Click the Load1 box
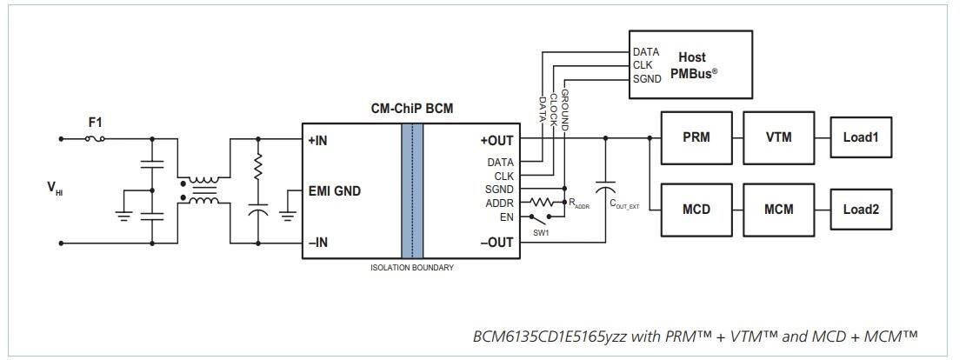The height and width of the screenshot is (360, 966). click(861, 138)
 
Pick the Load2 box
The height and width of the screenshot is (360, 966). click(861, 210)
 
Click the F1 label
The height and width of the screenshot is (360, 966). click(95, 123)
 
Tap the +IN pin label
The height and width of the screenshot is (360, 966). click(320, 140)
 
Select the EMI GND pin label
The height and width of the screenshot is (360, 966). click(334, 191)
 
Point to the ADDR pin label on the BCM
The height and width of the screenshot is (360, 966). click(499, 203)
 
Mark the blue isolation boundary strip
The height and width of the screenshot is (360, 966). click(412, 190)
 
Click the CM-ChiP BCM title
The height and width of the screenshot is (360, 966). click(411, 109)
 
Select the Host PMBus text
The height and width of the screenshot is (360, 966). click(692, 65)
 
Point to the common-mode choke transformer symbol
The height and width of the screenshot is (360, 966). click(205, 191)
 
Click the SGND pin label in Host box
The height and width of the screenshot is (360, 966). click(648, 79)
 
